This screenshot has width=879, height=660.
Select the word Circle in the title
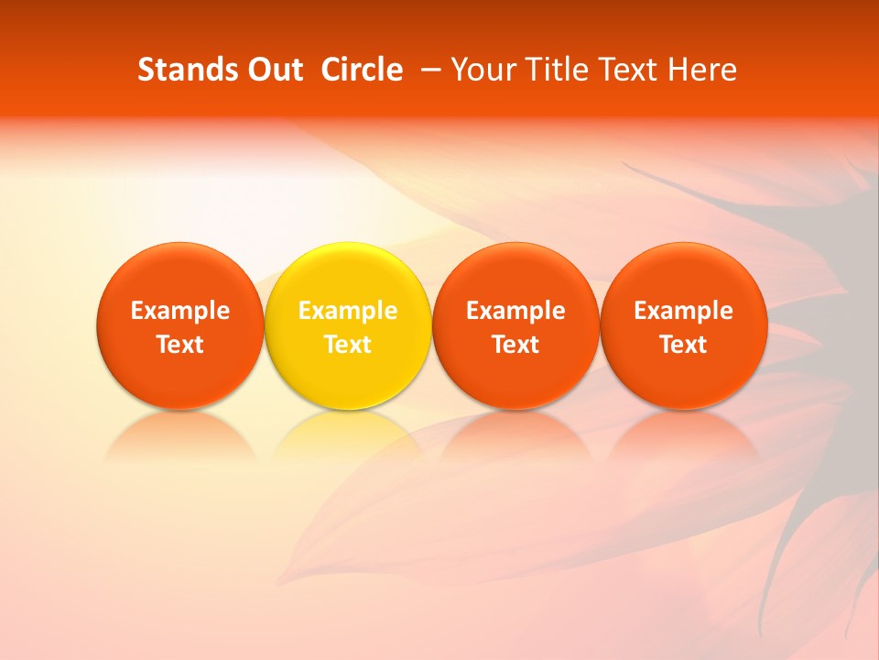(x=362, y=70)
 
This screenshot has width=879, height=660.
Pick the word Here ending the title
(x=704, y=70)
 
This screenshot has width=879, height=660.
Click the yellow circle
(x=348, y=325)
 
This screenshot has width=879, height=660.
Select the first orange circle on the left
(x=179, y=325)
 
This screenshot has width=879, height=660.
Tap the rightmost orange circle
(x=683, y=325)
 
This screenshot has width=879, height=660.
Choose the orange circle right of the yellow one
(x=515, y=325)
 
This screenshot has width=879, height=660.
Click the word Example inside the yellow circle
(x=348, y=311)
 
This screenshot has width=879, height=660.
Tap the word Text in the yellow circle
(x=348, y=345)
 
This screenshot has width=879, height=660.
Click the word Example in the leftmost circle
(x=179, y=311)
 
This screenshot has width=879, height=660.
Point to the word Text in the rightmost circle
(x=683, y=345)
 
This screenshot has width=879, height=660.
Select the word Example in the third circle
(x=515, y=311)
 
